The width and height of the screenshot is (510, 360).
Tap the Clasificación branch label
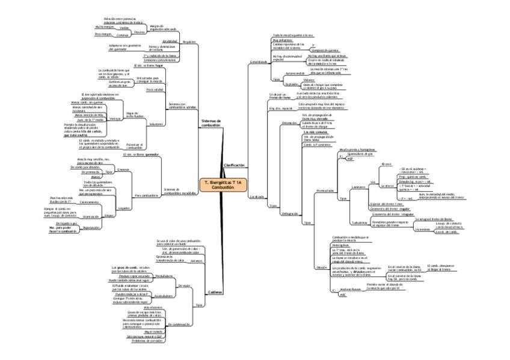235,164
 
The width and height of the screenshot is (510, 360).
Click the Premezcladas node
325,191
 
